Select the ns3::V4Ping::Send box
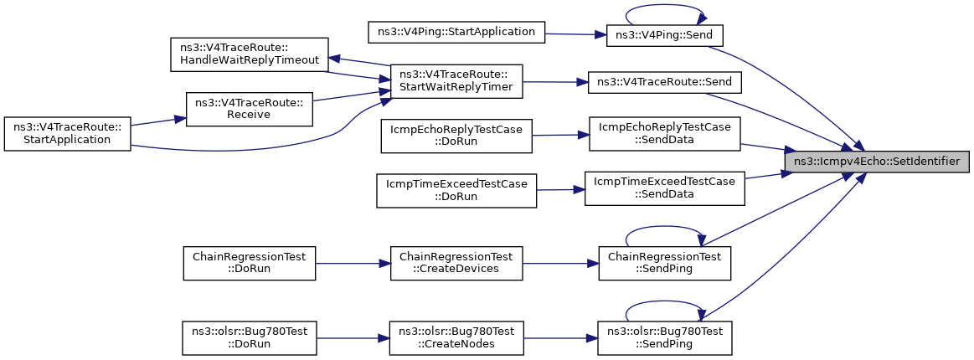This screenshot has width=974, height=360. coord(665,35)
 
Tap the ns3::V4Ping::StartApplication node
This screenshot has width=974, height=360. coord(456,33)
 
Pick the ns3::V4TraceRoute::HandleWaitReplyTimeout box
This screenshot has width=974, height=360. coord(249,54)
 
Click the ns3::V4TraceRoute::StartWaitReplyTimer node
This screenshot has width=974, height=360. coord(456,80)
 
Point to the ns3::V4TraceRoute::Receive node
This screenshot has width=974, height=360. coord(249,109)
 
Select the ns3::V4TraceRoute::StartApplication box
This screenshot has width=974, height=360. coord(66,133)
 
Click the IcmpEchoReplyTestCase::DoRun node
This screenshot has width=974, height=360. coord(456,136)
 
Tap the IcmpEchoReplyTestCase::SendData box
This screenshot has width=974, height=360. coord(665,133)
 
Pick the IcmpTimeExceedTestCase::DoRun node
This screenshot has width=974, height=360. coord(456,191)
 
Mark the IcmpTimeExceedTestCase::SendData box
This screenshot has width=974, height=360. coord(665,188)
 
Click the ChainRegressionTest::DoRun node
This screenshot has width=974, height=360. coord(249,263)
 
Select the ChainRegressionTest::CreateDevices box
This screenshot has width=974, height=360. coord(456,263)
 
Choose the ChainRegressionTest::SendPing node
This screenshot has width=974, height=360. coord(665,263)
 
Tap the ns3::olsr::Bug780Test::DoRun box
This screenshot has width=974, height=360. coord(249,338)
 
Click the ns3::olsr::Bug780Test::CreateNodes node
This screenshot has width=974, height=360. coord(456,338)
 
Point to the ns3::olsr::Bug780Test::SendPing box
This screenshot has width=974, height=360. coord(665,338)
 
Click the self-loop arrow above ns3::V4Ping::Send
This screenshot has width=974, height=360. coord(665,6)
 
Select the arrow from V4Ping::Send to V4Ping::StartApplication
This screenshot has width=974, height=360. coord(576,34)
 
